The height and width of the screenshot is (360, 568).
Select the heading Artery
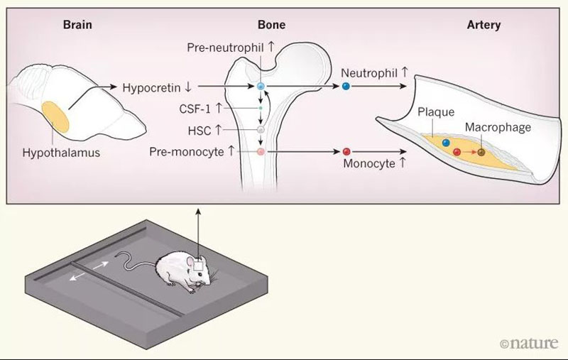coord(484,25)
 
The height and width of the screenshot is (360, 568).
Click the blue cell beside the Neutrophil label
coord(346,86)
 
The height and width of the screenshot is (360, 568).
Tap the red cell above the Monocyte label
coord(346,151)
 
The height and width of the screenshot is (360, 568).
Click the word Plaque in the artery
coord(435,112)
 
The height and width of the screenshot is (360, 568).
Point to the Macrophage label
coord(498,127)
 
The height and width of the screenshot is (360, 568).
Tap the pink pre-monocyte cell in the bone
coord(261,151)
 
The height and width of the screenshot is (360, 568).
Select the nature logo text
coord(530,344)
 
